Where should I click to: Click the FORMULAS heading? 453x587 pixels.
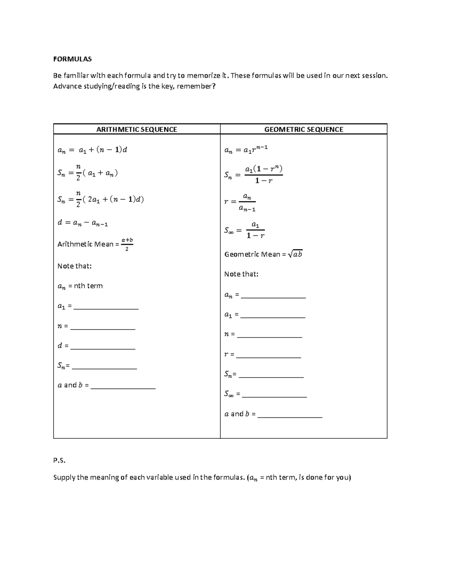pos(72,59)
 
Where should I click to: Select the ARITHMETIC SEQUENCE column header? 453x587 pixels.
pos(137,129)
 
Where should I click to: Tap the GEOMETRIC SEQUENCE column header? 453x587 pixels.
pos(304,129)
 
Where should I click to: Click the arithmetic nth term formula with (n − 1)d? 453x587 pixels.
pos(92,150)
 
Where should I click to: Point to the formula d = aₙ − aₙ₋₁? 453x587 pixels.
pos(82,223)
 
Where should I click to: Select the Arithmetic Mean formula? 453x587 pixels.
pos(95,244)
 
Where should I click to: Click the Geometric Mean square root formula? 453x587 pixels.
pos(263,254)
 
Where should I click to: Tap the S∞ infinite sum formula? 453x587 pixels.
pos(244,231)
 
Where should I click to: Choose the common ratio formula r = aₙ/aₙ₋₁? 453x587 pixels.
pos(240,202)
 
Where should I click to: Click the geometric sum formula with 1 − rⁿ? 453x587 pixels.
pos(253,174)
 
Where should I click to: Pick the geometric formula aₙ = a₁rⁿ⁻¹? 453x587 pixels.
pos(246,150)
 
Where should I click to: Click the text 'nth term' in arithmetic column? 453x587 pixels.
pos(88,286)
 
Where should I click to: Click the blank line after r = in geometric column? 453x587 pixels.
pos(268,355)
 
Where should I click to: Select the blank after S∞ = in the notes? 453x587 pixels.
pos(274,395)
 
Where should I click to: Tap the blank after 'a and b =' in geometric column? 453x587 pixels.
pos(290,415)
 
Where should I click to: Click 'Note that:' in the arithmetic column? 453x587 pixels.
pos(74,266)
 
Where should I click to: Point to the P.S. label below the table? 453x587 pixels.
pos(59,460)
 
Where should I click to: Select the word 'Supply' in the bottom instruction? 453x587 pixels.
pos(64,477)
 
